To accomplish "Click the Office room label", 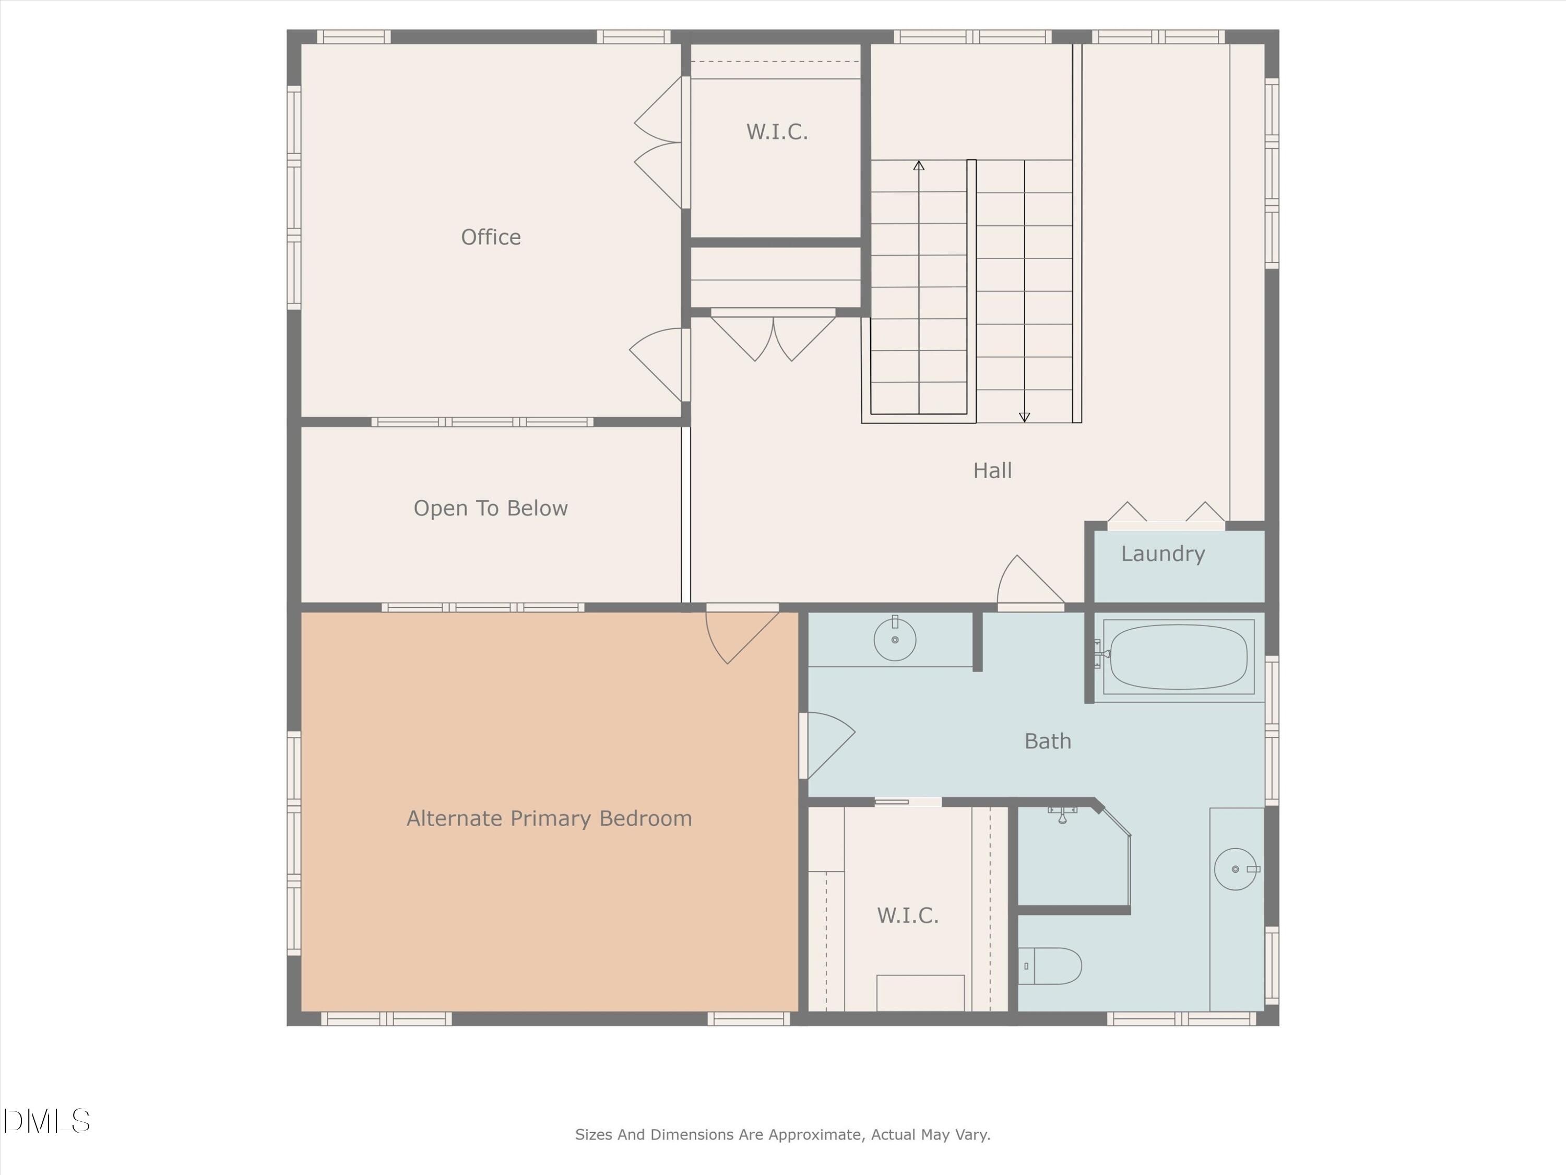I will (491, 237).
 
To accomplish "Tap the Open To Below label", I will (491, 509).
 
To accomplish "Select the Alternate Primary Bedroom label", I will (549, 819).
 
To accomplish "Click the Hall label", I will (992, 471).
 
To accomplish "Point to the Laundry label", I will (1162, 554).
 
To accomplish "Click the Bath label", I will (1047, 742).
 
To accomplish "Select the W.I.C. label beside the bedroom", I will (908, 916).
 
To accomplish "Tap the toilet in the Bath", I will (1052, 966).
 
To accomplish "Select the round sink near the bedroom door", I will (895, 640).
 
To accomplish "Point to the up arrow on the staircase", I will (919, 166).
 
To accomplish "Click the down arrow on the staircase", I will (1024, 417).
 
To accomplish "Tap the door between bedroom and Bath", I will (827, 744).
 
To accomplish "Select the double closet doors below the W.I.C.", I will (773, 337).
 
